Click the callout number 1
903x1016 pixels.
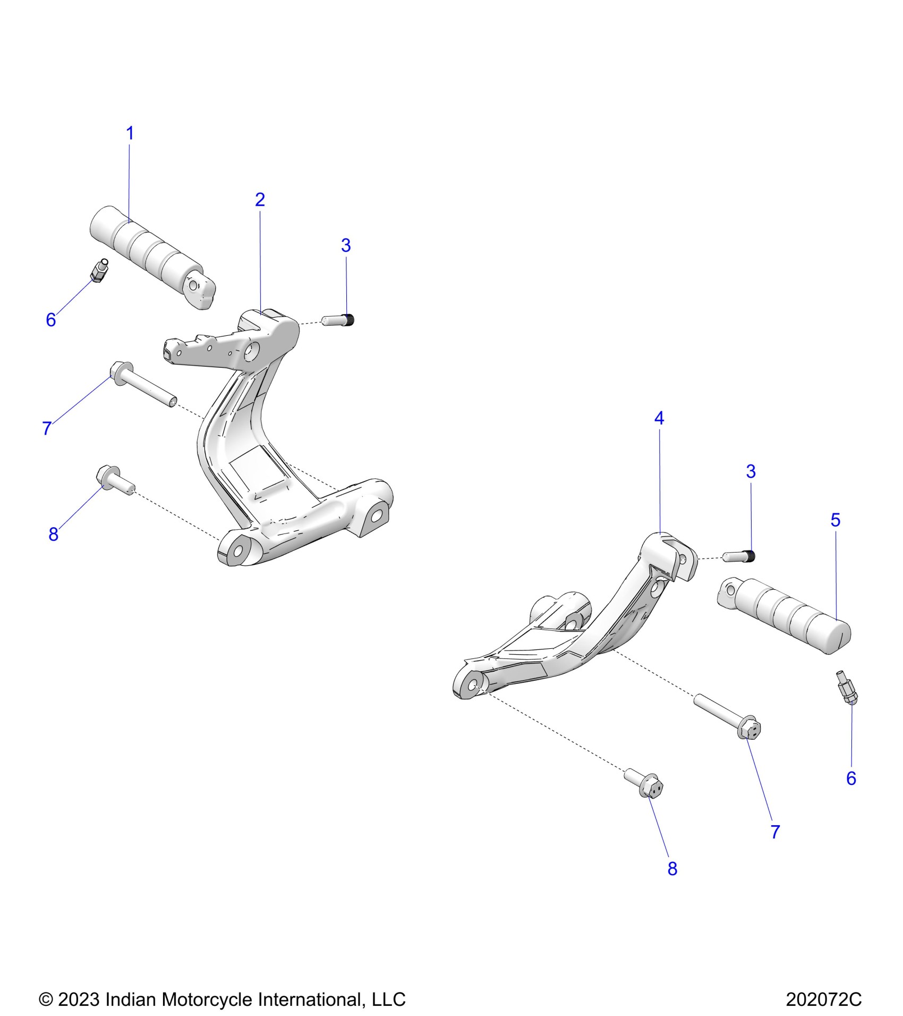click(130, 133)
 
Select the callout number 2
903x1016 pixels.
click(260, 200)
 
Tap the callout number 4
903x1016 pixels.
click(659, 419)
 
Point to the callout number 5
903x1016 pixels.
click(836, 520)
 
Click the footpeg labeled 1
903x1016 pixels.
click(151, 257)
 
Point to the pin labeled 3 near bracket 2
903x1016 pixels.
click(338, 320)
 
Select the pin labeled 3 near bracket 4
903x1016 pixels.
click(740, 556)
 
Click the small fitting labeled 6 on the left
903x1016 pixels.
click(99, 271)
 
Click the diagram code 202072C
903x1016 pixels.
click(823, 1000)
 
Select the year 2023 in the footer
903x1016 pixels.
click(79, 1000)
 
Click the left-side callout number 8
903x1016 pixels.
click(53, 535)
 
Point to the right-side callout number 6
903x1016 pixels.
click(851, 778)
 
